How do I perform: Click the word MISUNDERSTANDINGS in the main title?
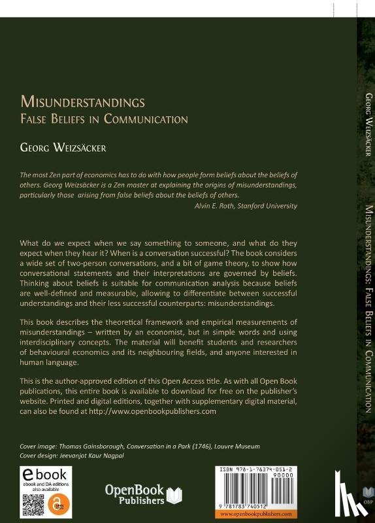82,103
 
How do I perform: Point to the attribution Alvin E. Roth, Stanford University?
246,205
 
